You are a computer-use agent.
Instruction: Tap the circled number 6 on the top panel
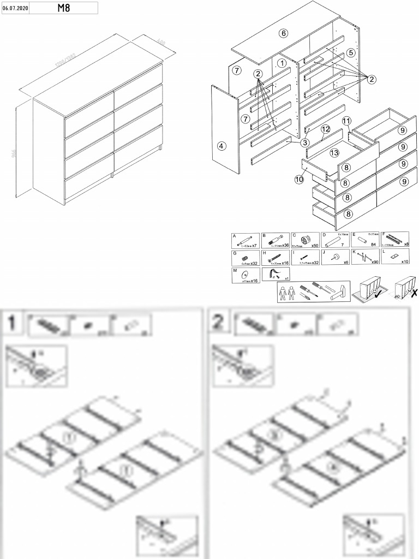point(283,33)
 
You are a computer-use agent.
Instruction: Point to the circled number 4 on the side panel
point(221,146)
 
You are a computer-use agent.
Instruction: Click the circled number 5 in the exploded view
point(350,52)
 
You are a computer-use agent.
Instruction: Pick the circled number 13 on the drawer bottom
point(334,152)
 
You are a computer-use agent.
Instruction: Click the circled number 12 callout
point(325,129)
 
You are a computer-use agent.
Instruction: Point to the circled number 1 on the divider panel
point(282,63)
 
